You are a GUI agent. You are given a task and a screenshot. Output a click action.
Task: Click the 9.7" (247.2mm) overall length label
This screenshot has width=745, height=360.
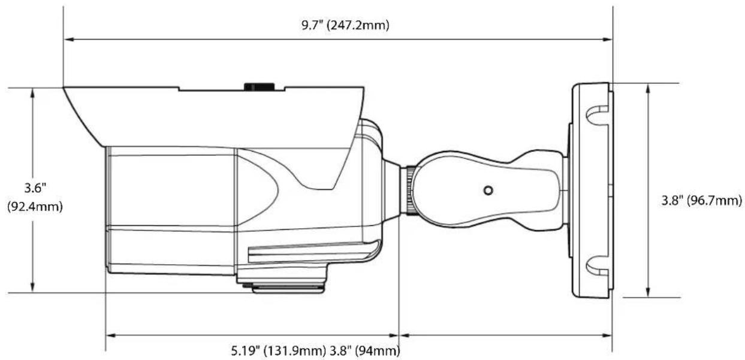point(345,26)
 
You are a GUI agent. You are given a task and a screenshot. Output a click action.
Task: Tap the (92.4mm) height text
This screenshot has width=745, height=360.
point(35,207)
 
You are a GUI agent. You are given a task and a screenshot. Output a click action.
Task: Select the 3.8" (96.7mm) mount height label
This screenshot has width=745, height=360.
point(702,201)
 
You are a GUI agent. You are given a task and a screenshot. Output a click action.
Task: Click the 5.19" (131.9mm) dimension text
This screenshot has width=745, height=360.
point(278,350)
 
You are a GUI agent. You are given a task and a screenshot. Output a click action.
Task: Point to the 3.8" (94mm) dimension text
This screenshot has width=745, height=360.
point(365,350)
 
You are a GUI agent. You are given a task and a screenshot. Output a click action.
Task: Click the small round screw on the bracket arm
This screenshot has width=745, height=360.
point(488,190)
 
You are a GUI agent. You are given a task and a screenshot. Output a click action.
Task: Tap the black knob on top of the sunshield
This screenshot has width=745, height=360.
point(260,87)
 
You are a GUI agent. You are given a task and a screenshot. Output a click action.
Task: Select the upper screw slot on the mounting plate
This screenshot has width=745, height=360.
point(597,116)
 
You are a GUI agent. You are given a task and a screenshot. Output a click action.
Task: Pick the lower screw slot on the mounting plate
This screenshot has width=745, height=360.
point(597,266)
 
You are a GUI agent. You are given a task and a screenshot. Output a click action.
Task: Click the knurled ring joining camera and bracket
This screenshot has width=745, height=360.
point(411,190)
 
